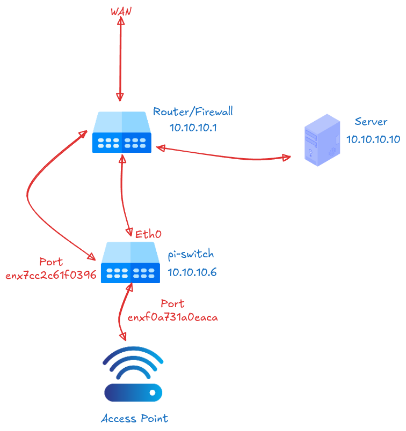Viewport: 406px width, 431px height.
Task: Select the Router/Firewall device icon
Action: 121,132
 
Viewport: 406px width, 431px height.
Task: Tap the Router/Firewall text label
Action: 193,112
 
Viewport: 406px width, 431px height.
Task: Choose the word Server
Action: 371,122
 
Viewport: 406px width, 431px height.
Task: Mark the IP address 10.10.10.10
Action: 373,139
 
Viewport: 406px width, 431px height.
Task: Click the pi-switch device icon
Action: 130,262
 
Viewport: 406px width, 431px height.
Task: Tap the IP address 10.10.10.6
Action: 192,272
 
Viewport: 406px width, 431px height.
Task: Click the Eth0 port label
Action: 148,234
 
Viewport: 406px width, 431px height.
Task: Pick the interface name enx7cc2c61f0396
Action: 51,276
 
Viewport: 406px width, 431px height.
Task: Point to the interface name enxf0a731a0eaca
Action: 172,317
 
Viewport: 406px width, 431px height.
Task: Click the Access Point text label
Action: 134,418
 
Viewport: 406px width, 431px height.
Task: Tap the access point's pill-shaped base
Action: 133,392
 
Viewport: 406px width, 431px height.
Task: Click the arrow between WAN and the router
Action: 121,59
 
